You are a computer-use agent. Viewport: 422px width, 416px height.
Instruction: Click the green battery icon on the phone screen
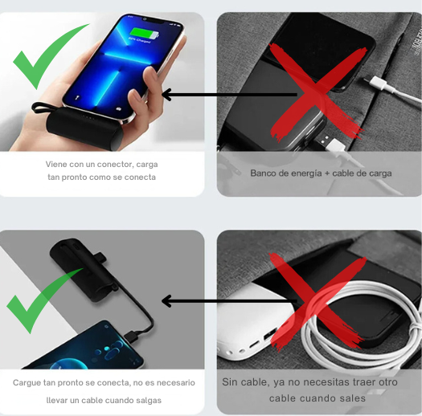point(144,34)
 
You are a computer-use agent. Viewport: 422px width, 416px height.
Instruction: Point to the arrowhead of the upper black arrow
point(167,95)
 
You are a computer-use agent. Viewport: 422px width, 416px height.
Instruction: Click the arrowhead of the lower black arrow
point(167,301)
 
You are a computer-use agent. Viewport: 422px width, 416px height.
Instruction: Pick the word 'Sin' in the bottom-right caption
point(230,382)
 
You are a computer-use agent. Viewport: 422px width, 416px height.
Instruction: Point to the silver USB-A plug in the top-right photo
point(323,140)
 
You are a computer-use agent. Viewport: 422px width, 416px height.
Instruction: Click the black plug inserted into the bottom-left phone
point(132,336)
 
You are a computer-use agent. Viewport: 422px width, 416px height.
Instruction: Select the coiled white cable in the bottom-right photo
point(361,323)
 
